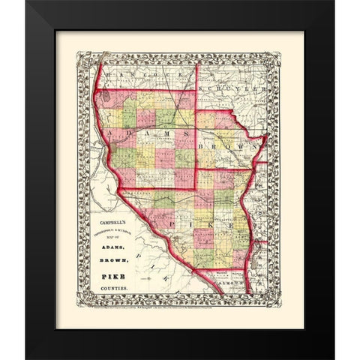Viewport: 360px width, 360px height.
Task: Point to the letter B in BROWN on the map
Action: [x=208, y=139]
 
